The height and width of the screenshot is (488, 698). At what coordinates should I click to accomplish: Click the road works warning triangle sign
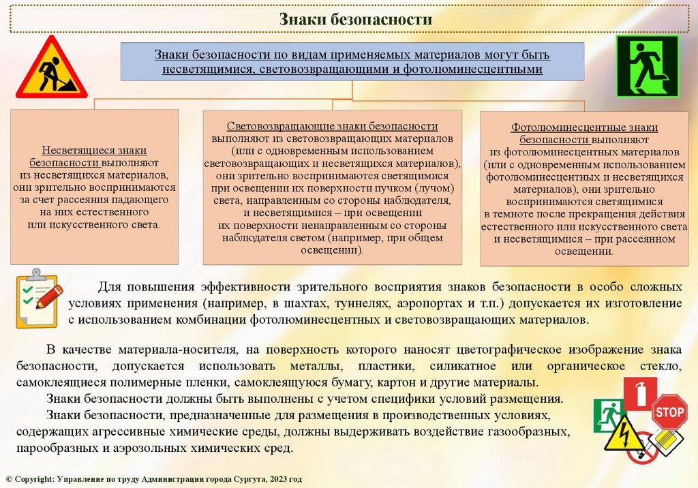point(51,70)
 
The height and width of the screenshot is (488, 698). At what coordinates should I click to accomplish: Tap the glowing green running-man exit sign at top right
point(647,66)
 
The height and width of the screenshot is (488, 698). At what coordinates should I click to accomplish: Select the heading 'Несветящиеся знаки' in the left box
point(94,150)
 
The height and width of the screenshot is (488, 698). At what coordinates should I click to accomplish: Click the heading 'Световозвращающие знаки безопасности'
point(332,127)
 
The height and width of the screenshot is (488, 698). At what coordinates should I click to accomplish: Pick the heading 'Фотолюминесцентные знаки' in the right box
point(584,127)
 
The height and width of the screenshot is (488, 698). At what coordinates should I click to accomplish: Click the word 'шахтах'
point(320,302)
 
